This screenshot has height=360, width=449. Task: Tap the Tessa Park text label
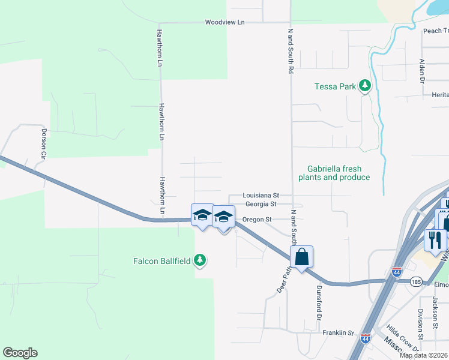tap(336, 86)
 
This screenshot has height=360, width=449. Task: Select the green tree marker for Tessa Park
tap(364, 86)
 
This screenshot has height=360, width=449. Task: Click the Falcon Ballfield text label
tap(161, 261)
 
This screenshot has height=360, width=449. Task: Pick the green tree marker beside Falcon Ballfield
tap(201, 260)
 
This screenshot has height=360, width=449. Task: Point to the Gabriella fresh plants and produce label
tap(339, 173)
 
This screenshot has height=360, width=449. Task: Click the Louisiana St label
tap(261, 196)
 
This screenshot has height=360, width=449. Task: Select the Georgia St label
tap(260, 204)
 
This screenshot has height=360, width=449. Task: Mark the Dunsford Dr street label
tap(319, 301)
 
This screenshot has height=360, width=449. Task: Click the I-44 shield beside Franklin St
tap(365, 339)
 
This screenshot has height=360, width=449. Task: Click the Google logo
tap(20, 353)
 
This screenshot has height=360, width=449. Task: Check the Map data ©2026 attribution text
tap(424, 355)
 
